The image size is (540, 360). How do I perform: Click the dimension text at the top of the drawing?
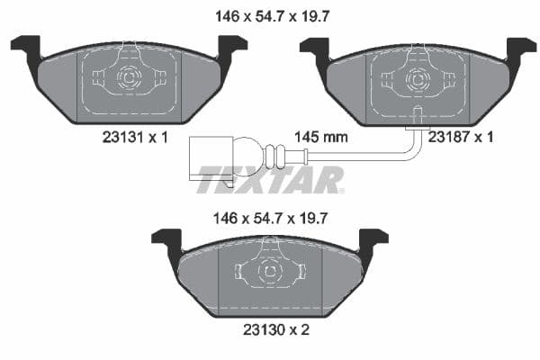tap(269, 15)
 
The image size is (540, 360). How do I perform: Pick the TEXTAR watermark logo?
tap(270, 179)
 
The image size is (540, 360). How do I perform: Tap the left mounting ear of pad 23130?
tap(166, 240)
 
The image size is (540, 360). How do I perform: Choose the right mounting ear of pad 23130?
tap(373, 240)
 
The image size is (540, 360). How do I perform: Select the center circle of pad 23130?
tap(269, 271)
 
